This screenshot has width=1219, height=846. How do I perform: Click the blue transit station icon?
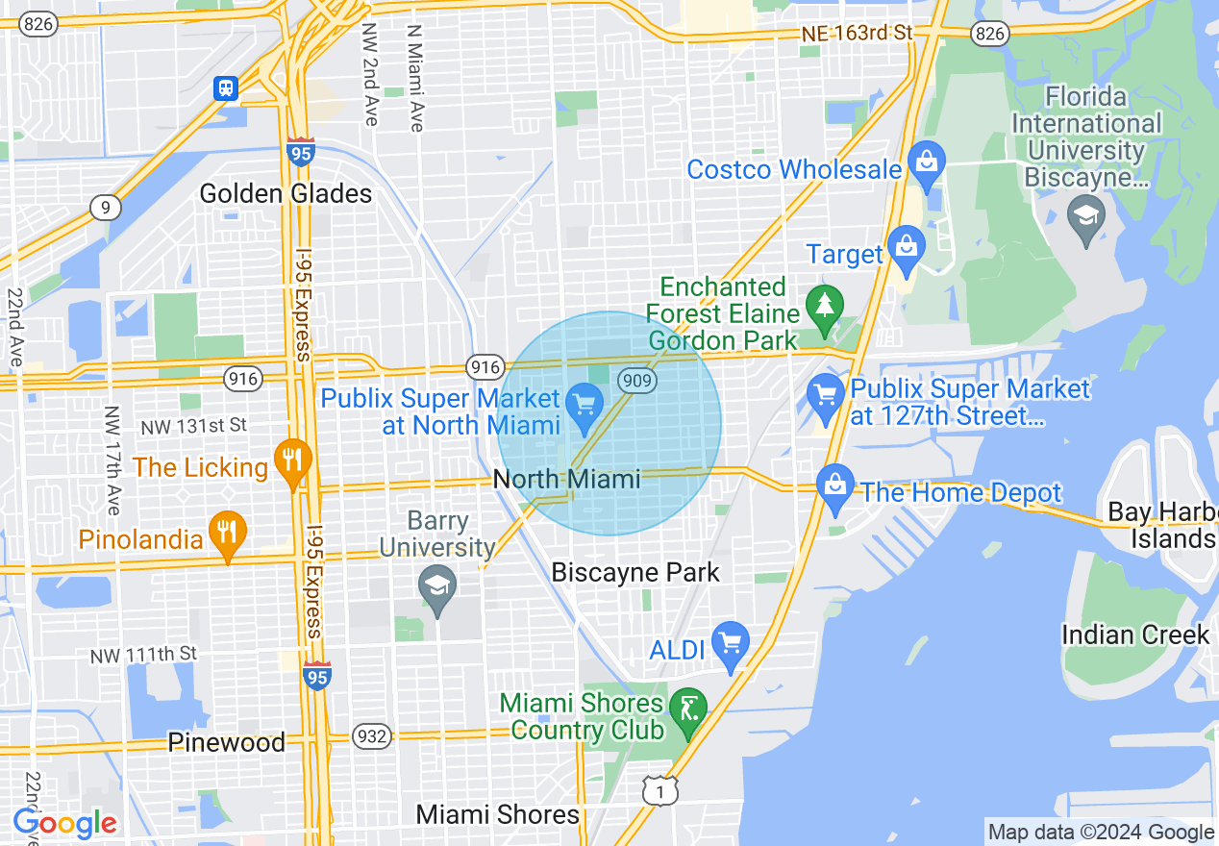pos(226,88)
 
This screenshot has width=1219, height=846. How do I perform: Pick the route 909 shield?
pos(637,381)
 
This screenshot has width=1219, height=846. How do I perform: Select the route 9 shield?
pos(105,207)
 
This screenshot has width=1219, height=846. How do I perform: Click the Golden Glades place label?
pos(286,194)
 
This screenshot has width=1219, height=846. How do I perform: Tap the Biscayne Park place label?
pos(635,573)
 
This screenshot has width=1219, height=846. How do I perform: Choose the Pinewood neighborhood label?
pos(226,742)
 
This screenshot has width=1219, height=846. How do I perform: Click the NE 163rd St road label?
pos(858,34)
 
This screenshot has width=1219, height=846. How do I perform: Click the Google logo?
pos(64,824)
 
